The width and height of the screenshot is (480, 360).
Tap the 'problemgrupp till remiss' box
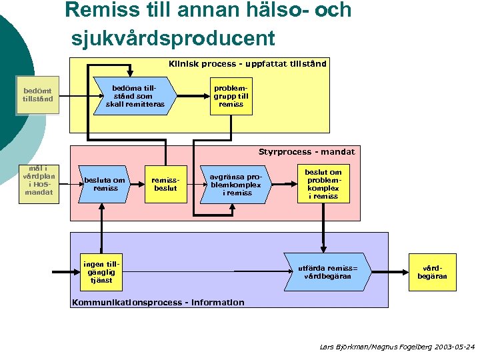point(231,96)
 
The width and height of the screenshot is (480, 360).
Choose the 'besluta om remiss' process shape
point(104,184)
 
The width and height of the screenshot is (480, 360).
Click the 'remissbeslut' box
point(165,184)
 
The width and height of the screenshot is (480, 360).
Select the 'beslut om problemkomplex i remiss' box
point(323,184)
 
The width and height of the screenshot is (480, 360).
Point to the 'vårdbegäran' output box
point(433,272)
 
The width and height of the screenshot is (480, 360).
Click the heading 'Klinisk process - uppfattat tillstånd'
point(247,64)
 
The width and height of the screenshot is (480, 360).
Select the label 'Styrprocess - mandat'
point(307,152)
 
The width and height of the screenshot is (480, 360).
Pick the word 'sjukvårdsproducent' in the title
point(173,38)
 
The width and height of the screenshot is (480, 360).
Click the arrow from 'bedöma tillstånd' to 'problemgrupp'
point(194,96)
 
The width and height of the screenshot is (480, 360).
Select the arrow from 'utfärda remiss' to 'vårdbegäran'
point(389,272)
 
